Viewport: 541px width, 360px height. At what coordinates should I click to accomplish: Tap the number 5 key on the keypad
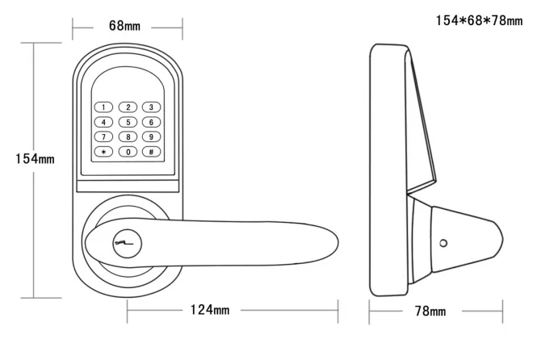click(x=128, y=122)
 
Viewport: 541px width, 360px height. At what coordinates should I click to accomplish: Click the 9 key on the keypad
click(x=151, y=137)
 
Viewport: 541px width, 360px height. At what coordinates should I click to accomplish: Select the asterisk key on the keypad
click(x=103, y=152)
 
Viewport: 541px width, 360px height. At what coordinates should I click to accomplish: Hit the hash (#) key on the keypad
click(x=151, y=152)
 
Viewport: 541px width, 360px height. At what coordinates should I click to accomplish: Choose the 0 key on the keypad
click(x=128, y=152)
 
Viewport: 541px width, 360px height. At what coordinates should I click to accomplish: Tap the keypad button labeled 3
click(x=151, y=107)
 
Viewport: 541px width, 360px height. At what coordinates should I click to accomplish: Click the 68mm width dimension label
click(x=124, y=26)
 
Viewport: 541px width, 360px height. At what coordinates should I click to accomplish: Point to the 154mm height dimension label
click(x=35, y=159)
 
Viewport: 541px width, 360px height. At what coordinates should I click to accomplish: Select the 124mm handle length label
click(x=210, y=310)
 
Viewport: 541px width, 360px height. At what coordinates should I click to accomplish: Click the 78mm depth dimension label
click(x=430, y=311)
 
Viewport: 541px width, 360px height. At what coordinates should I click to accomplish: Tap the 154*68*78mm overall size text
click(x=480, y=20)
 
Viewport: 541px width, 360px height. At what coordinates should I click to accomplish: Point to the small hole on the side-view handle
click(x=443, y=244)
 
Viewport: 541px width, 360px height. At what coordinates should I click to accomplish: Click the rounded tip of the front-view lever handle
click(x=338, y=242)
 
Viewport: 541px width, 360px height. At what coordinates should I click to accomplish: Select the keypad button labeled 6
click(x=151, y=122)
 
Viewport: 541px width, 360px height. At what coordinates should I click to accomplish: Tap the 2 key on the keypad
click(x=128, y=107)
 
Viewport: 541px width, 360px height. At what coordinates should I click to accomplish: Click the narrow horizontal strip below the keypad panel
click(x=128, y=186)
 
